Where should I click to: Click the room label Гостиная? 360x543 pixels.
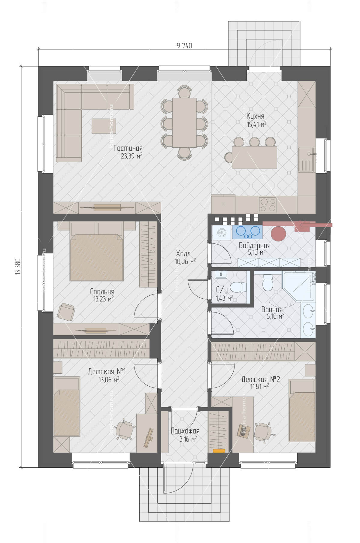(128, 148)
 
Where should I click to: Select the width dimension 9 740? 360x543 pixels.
(184, 46)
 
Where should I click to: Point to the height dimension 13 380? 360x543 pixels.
(18, 266)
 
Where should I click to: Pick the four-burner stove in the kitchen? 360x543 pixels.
(268, 205)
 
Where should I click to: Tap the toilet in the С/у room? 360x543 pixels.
(237, 287)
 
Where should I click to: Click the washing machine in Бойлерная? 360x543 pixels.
(222, 232)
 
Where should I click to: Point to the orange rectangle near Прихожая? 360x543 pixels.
(219, 450)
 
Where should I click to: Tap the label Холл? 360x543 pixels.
(183, 254)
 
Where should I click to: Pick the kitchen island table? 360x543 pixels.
(254, 157)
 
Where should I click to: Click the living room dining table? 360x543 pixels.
(184, 122)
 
